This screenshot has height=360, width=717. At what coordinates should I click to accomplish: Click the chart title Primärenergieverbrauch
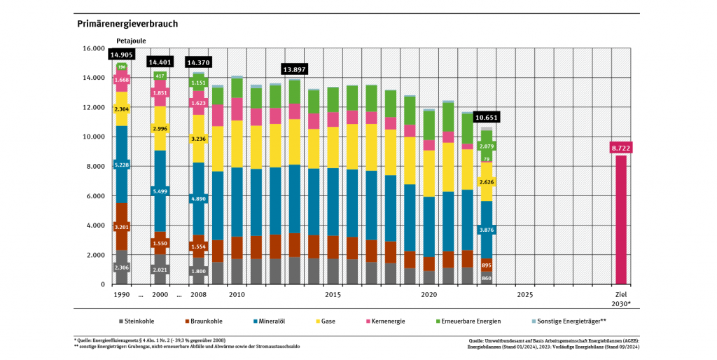click(x=127, y=24)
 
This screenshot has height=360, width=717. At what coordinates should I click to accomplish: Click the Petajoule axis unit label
click(x=131, y=41)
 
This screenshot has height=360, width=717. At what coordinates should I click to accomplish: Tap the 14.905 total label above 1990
click(x=122, y=55)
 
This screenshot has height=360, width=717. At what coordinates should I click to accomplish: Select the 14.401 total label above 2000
click(x=160, y=62)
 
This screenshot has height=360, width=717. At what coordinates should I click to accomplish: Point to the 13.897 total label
click(x=295, y=69)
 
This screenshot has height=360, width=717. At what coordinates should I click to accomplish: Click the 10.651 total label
click(x=486, y=118)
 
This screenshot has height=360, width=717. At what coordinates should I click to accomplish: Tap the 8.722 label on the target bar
click(x=621, y=148)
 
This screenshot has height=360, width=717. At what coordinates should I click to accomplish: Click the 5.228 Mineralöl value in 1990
click(x=122, y=165)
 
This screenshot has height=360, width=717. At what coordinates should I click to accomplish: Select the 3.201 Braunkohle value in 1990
click(x=122, y=226)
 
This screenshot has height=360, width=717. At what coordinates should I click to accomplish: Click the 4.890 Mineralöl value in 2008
click(x=199, y=199)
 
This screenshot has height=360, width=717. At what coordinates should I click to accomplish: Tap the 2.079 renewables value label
click(x=486, y=146)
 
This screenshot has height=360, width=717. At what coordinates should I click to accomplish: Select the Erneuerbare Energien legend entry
click(x=473, y=321)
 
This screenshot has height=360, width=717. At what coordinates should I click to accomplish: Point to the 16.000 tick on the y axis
click(x=92, y=48)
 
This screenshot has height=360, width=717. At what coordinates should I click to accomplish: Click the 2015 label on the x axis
click(x=333, y=295)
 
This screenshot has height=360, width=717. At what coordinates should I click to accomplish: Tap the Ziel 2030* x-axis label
click(x=620, y=298)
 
